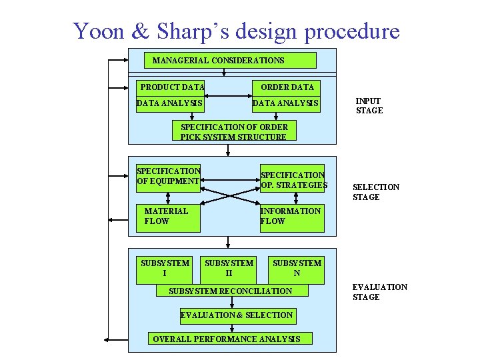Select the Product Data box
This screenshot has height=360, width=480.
(x=172, y=87)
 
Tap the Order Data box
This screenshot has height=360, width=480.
(x=287, y=87)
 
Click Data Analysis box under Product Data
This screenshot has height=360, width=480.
(x=169, y=104)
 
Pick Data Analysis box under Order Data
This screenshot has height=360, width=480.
(x=286, y=104)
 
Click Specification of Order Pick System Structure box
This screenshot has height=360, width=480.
(x=234, y=132)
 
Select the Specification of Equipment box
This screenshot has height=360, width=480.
(x=168, y=176)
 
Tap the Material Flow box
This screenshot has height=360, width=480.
(x=167, y=216)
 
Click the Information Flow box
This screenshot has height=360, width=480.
(x=291, y=216)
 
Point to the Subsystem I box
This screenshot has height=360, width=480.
(x=165, y=268)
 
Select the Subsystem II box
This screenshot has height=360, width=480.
(x=229, y=268)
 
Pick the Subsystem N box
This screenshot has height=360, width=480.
(x=296, y=268)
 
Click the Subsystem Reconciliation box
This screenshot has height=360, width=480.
(x=231, y=291)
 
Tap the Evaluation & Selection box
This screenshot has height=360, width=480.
(x=237, y=315)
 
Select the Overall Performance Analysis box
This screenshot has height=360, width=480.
(x=227, y=339)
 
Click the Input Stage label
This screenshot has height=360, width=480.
(x=369, y=106)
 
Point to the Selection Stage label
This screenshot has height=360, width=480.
(x=376, y=192)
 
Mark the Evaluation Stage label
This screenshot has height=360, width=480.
(x=379, y=292)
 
